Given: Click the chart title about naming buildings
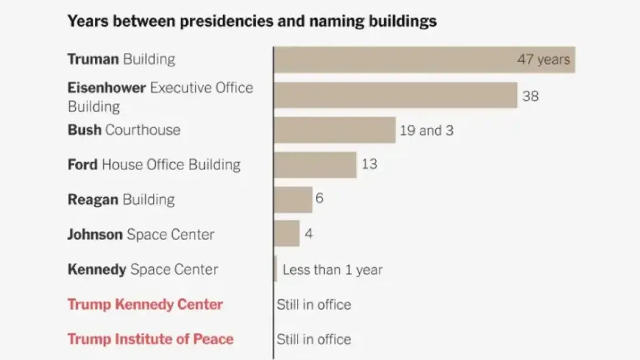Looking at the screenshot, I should point(252,21).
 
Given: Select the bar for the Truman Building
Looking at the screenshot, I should point(424,59).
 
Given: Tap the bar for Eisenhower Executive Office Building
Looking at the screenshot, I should point(395,95).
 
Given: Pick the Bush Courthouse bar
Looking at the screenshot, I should point(334,130).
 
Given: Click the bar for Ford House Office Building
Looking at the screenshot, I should point(315,165).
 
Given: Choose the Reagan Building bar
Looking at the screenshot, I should point(293,199).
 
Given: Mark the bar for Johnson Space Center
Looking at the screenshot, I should point(287,234).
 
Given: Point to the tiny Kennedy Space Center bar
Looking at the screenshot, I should point(275,269).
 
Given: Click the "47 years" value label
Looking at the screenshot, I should point(543,59).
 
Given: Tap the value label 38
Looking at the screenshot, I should point(530,96).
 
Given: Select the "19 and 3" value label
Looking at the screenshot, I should point(427,130).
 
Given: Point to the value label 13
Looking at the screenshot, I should point(369,164).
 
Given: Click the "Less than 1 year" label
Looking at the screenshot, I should point(332,269).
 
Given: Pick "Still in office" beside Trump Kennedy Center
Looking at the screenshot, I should point(314,305).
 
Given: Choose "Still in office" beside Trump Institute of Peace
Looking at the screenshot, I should point(314,339).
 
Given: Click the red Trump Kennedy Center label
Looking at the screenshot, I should point(145,305).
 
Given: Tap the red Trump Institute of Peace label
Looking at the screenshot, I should point(150,339).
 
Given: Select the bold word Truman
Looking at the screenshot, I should point(93,59).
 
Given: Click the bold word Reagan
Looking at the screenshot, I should point(93,199).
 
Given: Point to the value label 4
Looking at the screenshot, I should point(308,234).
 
